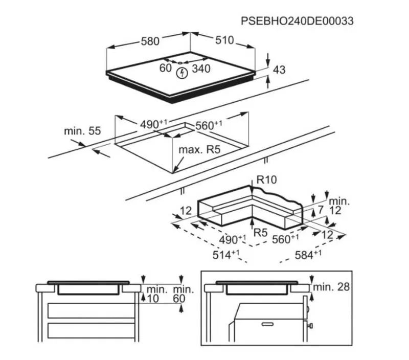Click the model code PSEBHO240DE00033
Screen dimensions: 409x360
(x=297, y=21)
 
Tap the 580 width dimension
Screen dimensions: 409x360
(x=150, y=41)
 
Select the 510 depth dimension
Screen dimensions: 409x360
(x=224, y=40)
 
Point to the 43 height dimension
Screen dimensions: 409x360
(x=279, y=70)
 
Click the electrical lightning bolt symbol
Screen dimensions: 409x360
(x=182, y=73)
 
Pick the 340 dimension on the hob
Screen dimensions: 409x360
(x=201, y=69)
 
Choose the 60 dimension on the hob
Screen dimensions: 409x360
(x=165, y=68)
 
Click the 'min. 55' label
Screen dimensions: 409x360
(x=82, y=131)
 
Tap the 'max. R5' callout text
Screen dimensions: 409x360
(x=199, y=150)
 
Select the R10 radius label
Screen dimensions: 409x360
(x=266, y=179)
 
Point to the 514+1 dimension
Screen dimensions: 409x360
(x=226, y=255)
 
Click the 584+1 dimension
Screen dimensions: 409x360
(x=308, y=255)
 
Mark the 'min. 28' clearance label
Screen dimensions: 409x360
(x=331, y=287)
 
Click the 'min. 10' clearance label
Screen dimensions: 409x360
(x=156, y=294)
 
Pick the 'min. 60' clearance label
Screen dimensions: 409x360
(x=184, y=294)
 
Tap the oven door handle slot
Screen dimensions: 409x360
(x=267, y=324)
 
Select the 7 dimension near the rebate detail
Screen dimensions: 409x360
(x=321, y=210)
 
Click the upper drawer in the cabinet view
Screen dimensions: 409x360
(x=91, y=310)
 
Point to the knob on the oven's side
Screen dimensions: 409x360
(x=310, y=326)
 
